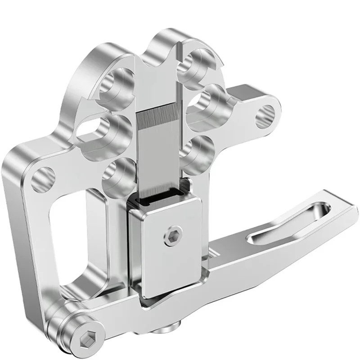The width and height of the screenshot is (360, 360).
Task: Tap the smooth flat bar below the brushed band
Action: (158, 157)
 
